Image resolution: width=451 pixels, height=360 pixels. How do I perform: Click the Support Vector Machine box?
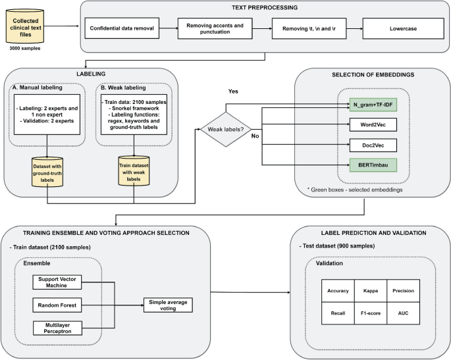(65, 281)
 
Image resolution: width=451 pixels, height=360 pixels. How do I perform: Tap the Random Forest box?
(65, 305)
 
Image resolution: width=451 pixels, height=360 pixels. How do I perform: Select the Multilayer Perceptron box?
(65, 328)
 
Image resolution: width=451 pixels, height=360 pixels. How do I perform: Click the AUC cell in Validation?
(402, 315)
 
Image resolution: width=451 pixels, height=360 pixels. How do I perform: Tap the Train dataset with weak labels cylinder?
(134, 178)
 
